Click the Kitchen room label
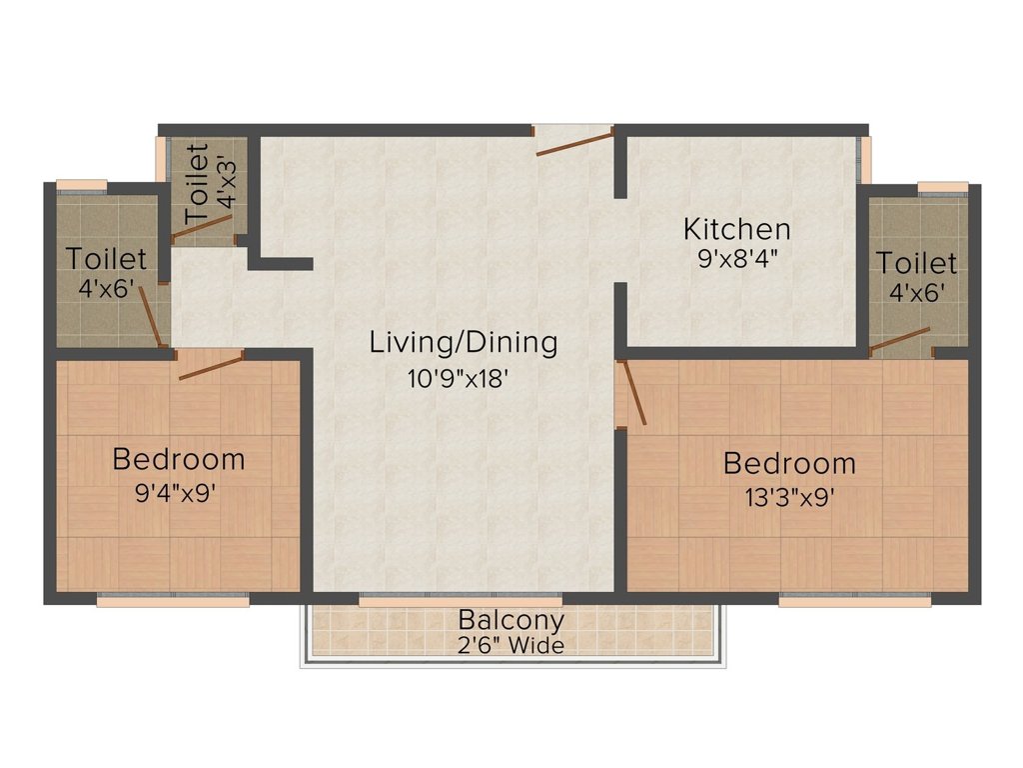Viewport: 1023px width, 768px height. (x=736, y=229)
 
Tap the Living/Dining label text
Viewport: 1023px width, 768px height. (x=464, y=343)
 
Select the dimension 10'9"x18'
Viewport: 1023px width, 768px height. (x=458, y=378)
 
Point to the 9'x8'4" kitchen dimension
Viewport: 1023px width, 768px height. (x=737, y=259)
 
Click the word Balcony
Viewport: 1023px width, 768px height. (x=511, y=620)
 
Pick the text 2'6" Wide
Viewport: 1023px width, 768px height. (x=511, y=645)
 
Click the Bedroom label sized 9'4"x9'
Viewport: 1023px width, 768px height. (x=178, y=459)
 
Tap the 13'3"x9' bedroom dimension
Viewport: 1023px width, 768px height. (x=789, y=498)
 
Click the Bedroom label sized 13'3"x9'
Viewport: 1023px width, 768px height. (x=789, y=463)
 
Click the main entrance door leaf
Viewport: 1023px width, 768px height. (x=575, y=142)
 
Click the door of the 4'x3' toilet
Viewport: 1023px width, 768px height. (x=203, y=227)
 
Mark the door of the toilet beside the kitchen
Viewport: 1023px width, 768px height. (x=900, y=340)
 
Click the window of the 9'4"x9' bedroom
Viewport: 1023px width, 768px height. (x=173, y=600)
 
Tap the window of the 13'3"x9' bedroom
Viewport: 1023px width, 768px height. (x=855, y=600)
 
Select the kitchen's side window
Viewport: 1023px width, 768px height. (x=864, y=160)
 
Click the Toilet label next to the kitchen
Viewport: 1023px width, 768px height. (x=917, y=263)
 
